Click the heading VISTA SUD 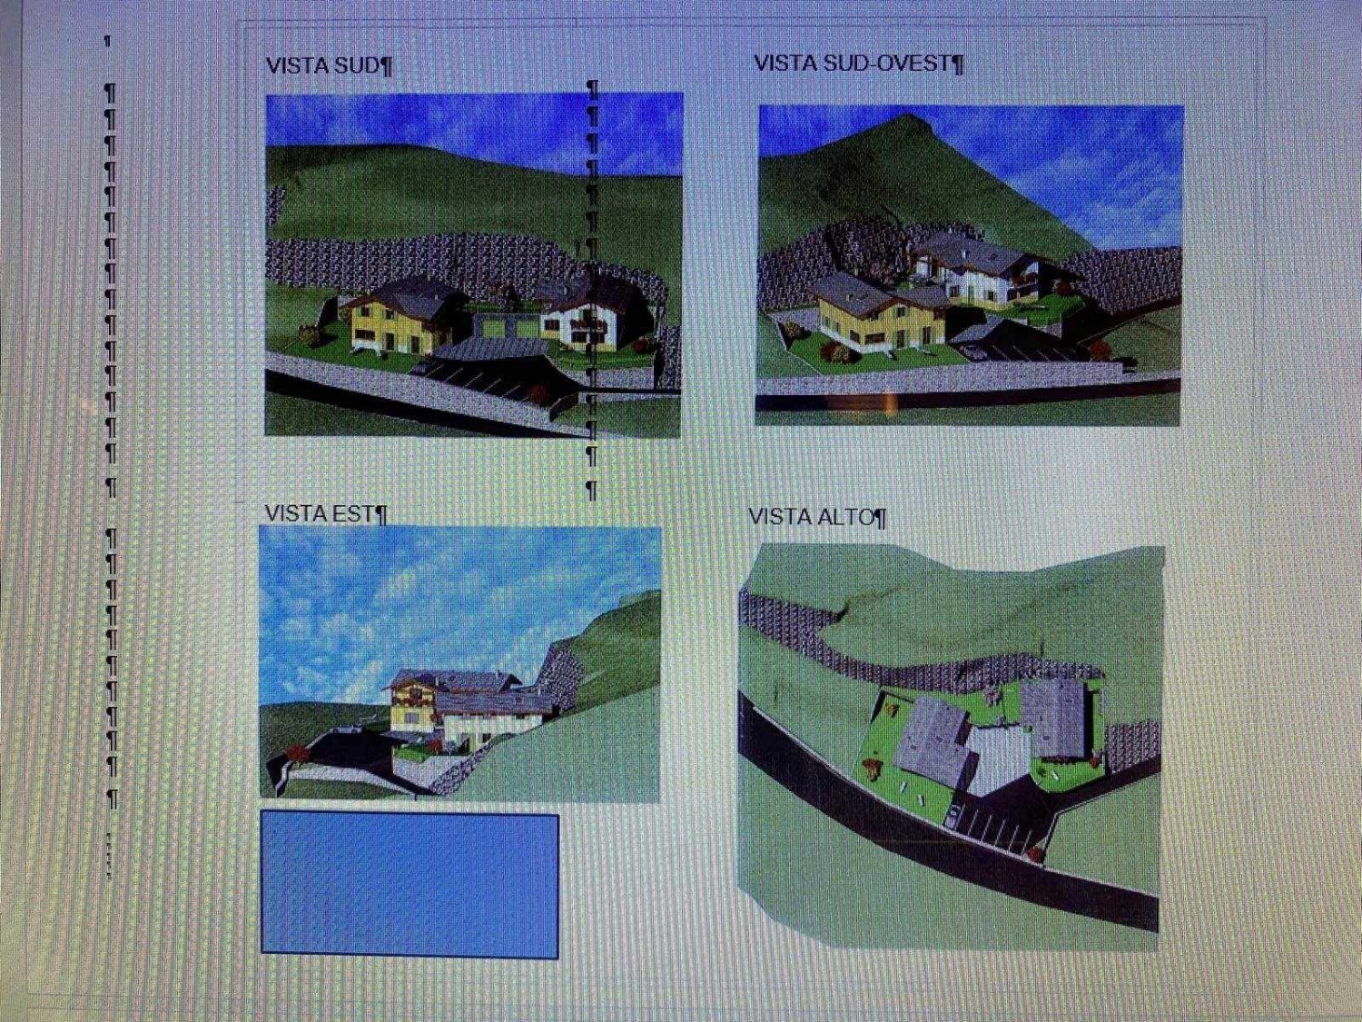(x=322, y=65)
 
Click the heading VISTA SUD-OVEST (x=853, y=63)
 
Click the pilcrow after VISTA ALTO (x=879, y=518)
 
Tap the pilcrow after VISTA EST (x=381, y=515)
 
